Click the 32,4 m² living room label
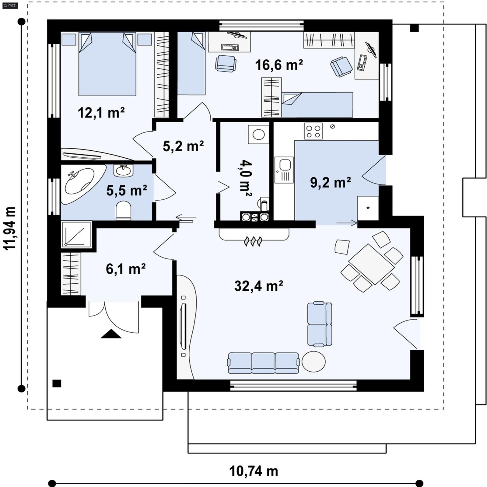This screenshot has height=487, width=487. click(x=259, y=286)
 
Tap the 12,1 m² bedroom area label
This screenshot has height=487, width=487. click(x=101, y=113)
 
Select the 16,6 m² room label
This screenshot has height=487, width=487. click(x=279, y=65)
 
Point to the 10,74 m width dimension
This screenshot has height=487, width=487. click(x=253, y=471)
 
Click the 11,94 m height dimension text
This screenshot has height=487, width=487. click(x=10, y=228)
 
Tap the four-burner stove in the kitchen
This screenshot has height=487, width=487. click(x=313, y=131)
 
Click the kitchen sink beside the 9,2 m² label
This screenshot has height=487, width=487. click(x=284, y=170)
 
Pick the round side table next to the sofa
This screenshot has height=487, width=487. click(x=314, y=362)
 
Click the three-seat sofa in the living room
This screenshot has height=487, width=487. click(x=264, y=363)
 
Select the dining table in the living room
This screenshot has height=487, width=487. click(x=371, y=264)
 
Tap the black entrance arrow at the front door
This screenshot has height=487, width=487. click(x=111, y=334)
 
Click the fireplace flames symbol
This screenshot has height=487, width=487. click(x=253, y=242)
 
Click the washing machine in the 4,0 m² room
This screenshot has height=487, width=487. click(x=258, y=134)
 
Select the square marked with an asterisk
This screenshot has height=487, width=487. click(x=368, y=208)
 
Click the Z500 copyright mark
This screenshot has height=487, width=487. click(x=10, y=5)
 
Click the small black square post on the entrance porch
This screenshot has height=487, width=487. click(x=57, y=383)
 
